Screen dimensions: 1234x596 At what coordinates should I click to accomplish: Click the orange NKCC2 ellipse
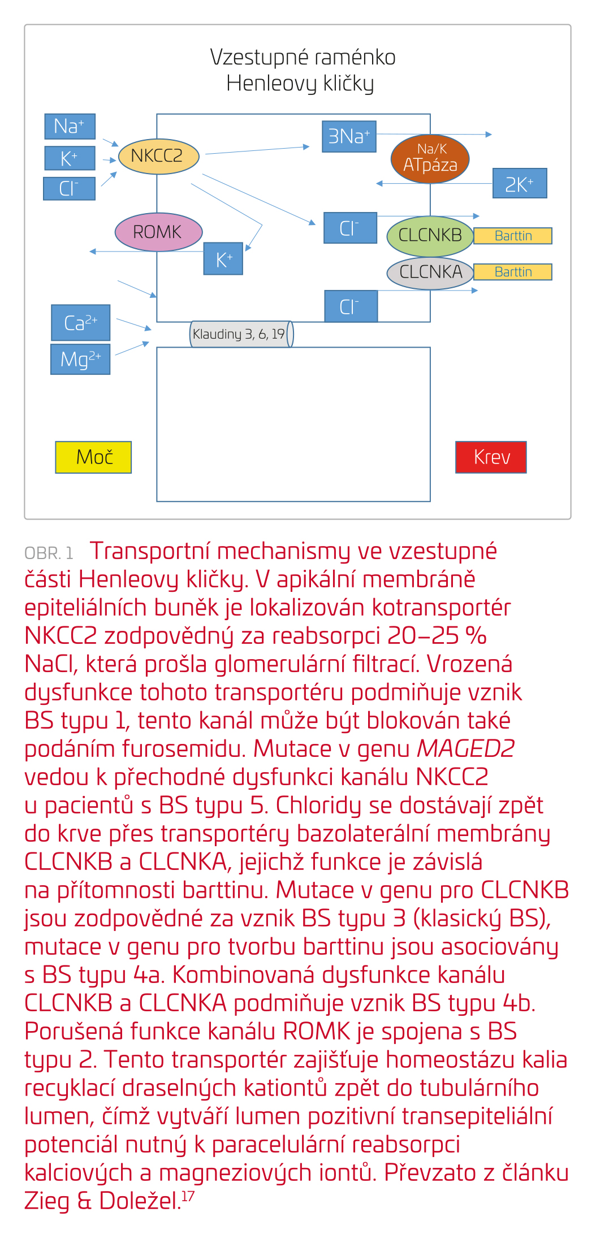coord(158,157)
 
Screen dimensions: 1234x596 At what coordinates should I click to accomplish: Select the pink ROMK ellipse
coord(158,232)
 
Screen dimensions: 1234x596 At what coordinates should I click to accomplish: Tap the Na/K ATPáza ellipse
coord(430,159)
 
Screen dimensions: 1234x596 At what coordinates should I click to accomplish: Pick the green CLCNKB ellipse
coord(430,236)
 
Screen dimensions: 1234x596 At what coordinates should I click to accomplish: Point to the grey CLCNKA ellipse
coord(430,272)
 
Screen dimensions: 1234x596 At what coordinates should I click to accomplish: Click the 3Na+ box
coord(349,137)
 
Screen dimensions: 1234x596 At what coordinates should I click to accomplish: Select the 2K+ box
coord(519,183)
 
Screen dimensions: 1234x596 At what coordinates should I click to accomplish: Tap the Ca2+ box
coord(80,323)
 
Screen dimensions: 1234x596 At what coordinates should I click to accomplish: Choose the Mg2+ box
coord(80,360)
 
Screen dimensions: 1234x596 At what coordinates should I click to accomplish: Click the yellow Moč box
coord(93,457)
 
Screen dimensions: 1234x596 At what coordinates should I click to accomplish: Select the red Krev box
coord(491,457)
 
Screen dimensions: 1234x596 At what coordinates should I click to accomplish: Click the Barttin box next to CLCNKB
coord(512,236)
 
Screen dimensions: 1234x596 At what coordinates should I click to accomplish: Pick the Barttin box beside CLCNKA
coord(512,272)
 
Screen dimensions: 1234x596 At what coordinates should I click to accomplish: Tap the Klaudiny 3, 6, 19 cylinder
coord(241,334)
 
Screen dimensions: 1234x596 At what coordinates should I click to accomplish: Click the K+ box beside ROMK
coord(223,259)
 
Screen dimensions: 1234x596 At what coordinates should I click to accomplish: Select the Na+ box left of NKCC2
coord(70,126)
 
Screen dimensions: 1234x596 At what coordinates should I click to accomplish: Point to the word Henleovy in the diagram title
coord(272,84)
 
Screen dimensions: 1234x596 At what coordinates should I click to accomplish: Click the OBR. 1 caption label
coord(49,553)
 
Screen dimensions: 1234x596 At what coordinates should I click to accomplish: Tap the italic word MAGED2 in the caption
coord(465,749)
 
